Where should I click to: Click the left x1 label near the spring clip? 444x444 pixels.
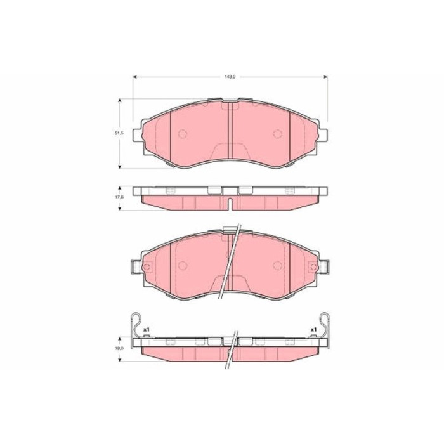146,330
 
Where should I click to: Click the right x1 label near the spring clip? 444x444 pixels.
313,330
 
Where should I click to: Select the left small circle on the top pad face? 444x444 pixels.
182,134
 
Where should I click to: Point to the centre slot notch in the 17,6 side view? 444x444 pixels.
230,203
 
